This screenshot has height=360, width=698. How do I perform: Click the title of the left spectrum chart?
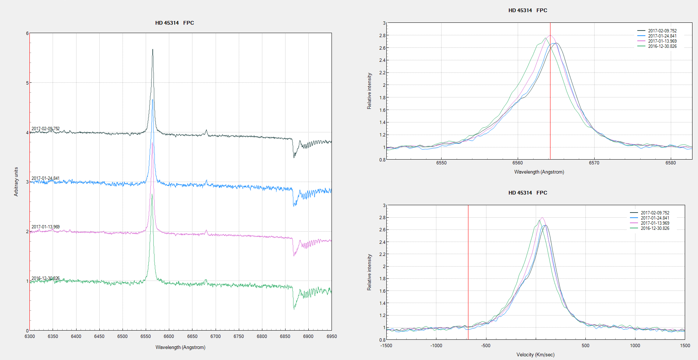[x=174, y=23]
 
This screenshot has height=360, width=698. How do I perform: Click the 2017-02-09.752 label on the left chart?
[x=45, y=129]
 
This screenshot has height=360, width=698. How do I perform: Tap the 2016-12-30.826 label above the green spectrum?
[x=45, y=278]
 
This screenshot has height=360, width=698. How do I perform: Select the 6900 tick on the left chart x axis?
[x=308, y=336]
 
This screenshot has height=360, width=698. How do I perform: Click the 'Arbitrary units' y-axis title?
[x=16, y=182]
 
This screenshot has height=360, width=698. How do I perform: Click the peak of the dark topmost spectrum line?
[x=153, y=50]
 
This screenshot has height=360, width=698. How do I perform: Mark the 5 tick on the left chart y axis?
[x=27, y=83]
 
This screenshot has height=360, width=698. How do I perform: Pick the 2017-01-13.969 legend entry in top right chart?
[x=662, y=41]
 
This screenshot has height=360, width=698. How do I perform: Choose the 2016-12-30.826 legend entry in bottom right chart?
[x=655, y=228]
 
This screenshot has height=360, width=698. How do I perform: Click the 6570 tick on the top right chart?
[x=594, y=163]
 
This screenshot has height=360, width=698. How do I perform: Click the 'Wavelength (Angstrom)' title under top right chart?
[x=539, y=172]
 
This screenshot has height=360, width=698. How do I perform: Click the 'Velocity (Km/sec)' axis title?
[x=535, y=355]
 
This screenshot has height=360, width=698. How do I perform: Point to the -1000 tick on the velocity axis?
[x=436, y=346]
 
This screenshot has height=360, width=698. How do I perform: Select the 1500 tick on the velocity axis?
[x=685, y=346]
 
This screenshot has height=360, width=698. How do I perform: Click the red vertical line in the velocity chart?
[x=468, y=272]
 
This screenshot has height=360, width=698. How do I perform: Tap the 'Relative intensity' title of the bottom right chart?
[x=369, y=272]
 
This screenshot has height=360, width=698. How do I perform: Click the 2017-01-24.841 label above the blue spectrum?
[x=45, y=178]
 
